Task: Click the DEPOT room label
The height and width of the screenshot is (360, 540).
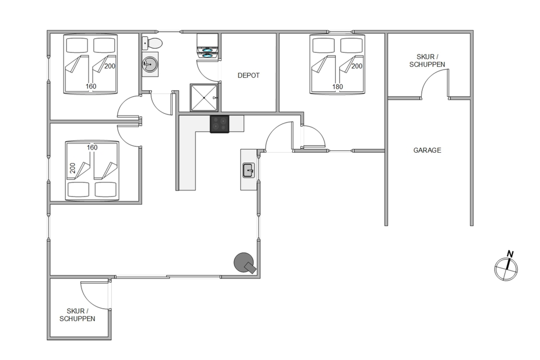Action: tap(248, 76)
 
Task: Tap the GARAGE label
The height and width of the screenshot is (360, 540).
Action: tap(427, 150)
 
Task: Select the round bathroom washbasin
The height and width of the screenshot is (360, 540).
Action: tap(150, 64)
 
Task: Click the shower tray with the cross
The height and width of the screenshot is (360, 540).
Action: tap(204, 98)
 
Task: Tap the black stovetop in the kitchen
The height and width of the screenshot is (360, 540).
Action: tap(219, 124)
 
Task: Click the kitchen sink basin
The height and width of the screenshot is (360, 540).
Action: tap(248, 171)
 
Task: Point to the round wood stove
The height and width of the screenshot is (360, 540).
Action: tap(244, 263)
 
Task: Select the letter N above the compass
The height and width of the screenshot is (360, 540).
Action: tap(510, 254)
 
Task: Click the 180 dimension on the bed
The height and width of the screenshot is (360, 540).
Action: tap(337, 87)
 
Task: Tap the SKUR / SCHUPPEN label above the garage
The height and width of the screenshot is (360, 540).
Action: tap(427, 60)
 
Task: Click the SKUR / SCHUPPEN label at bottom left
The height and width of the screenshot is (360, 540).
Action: tap(77, 315)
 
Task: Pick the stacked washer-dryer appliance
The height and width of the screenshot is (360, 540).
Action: tap(207, 46)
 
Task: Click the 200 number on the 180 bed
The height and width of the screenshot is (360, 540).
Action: tap(357, 66)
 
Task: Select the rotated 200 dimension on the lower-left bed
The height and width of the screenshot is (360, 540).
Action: tap(72, 168)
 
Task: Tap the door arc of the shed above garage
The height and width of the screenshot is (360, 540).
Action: tap(429, 77)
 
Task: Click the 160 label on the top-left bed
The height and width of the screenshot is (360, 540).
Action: tap(91, 86)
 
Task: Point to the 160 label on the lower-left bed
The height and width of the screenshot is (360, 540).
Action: tap(92, 147)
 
